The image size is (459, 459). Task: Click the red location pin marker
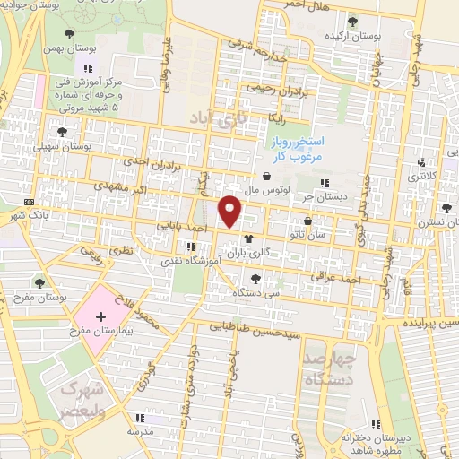coord(230,211)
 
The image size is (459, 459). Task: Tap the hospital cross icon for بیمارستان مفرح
coord(100,316)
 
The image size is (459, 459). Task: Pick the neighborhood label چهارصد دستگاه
coord(329,368)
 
